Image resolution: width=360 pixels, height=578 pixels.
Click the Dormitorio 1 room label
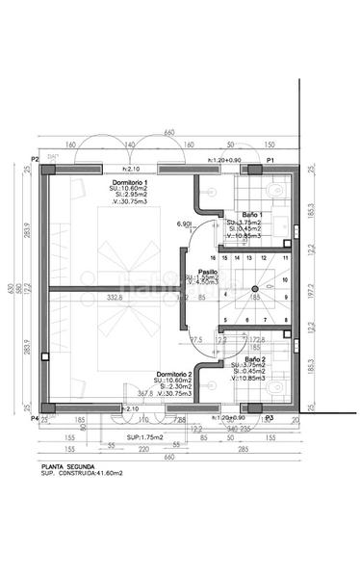click(x=131, y=182)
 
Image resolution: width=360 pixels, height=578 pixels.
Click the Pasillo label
click(x=207, y=272)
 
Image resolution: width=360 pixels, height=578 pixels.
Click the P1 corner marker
click(x=271, y=159)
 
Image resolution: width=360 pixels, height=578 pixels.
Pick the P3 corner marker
click(x=270, y=419)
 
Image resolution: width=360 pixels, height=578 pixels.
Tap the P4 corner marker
click(x=34, y=419)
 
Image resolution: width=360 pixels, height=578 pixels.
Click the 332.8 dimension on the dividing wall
click(x=115, y=298)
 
